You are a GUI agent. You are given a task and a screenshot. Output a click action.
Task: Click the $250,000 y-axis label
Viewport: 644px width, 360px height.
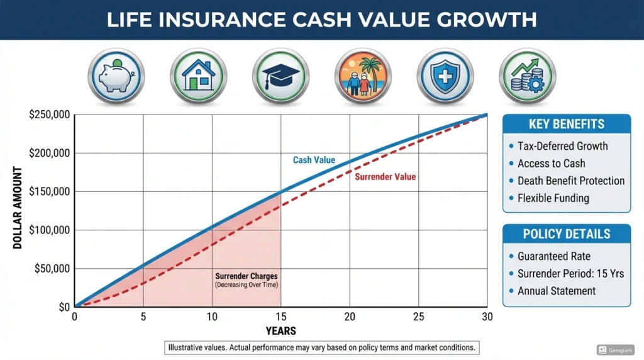tap(50, 115)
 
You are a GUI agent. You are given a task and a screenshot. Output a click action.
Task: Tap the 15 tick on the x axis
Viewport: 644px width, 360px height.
tap(280, 317)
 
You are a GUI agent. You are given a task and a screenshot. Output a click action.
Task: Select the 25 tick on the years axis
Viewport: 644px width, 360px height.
tap(418, 317)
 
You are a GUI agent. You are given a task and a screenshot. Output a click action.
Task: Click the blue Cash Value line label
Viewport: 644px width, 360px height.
tap(314, 160)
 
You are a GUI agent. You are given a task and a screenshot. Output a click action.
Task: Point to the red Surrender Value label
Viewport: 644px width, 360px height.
tap(385, 177)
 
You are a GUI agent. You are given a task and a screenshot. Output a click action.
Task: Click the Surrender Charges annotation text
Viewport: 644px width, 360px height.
tap(246, 276)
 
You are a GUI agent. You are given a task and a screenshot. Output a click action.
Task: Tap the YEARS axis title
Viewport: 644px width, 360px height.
tap(280, 331)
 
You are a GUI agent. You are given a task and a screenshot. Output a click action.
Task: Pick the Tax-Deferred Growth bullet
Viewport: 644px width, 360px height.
tap(562, 146)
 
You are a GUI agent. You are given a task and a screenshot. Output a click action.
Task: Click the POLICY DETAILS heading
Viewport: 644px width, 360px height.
tap(566, 234)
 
